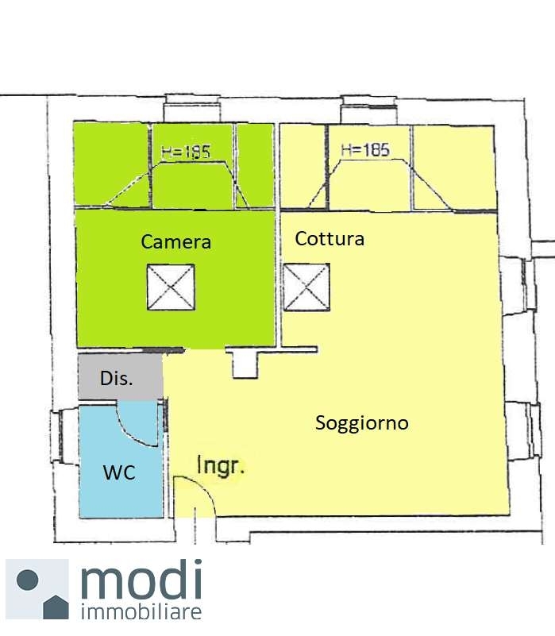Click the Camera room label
pyautogui.click(x=175, y=241)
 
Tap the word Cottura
pyautogui.click(x=330, y=238)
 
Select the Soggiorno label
pyautogui.click(x=362, y=423)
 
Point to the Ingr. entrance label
pyautogui.click(x=220, y=465)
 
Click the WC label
pyautogui.click(x=119, y=472)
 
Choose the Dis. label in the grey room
pyautogui.click(x=117, y=379)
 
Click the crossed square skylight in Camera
pyautogui.click(x=171, y=287)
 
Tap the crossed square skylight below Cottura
pyautogui.click(x=306, y=287)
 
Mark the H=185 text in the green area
pyautogui.click(x=186, y=152)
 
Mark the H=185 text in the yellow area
pyautogui.click(x=365, y=150)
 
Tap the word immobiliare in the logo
pyautogui.click(x=141, y=611)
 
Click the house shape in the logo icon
pyautogui.click(x=56, y=607)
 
